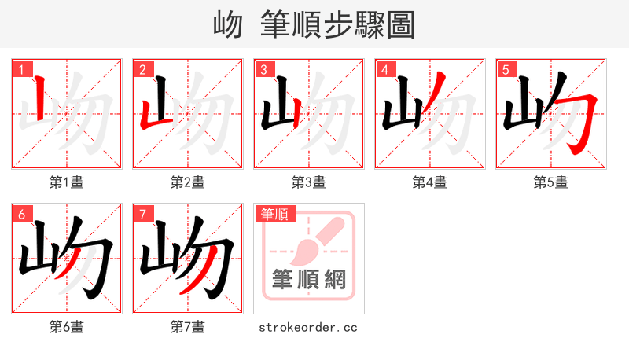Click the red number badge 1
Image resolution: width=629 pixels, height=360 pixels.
pos(21,69)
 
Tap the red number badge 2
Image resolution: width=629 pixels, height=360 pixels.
pos(142,69)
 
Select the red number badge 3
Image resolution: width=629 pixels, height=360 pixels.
pos(263,69)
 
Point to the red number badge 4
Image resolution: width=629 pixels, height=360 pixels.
pos(384,69)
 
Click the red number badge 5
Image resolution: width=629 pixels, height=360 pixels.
pos(506,69)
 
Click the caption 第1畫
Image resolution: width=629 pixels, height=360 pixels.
pos(67,182)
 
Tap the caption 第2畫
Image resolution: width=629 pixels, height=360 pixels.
pos(188,182)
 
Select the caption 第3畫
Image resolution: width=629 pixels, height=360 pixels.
pos(309,182)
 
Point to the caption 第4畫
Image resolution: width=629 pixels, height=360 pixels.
pos(430,182)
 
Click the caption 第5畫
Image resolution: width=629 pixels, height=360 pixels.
pos(551,182)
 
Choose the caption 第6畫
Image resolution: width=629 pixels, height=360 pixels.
pos(67,327)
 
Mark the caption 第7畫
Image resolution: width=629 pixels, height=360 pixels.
pos(188,327)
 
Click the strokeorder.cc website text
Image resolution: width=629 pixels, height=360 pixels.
pos(308,327)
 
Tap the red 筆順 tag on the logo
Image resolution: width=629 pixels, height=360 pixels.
pos(274,214)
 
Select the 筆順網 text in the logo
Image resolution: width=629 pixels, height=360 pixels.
pos(309,280)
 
